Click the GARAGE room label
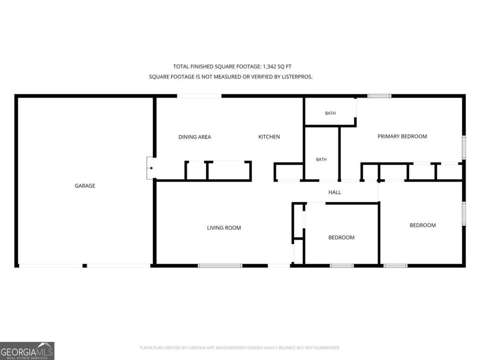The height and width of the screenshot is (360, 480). [85, 186]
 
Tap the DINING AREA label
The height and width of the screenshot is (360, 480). [195, 137]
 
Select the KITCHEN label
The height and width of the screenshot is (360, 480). [269, 137]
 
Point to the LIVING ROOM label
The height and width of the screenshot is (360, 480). [224, 228]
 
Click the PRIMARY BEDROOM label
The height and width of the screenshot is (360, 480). [402, 137]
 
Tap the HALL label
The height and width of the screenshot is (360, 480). [334, 192]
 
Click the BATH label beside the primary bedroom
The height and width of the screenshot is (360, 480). [330, 113]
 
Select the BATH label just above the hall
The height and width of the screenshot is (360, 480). [321, 160]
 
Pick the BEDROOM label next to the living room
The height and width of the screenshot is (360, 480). [341, 237]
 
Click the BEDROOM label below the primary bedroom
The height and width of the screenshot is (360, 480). [423, 225]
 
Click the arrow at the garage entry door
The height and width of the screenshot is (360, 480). [151, 168]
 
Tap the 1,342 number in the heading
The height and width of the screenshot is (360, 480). [270, 66]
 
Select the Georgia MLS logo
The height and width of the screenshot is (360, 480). [27, 351]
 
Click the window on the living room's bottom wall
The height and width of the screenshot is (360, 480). [220, 266]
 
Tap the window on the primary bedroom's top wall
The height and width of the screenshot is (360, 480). [379, 96]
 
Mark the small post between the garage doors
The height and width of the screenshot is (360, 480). [85, 266]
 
